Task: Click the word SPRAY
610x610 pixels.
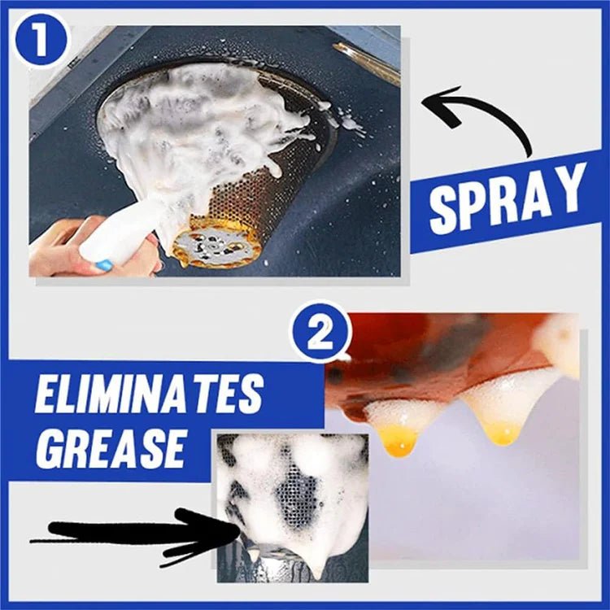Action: pos(508,199)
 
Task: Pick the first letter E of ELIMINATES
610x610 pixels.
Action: pos(47,398)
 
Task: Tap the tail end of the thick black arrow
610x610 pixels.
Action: pos(41,538)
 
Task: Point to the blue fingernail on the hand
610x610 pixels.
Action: pos(102,265)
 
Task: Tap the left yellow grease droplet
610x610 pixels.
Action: pos(399,439)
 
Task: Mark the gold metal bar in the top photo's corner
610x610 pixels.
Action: pos(366,60)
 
